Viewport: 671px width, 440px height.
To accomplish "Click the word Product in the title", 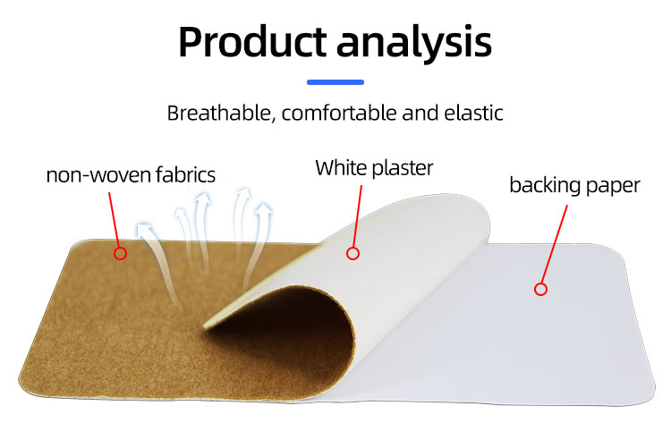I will tap(251, 42).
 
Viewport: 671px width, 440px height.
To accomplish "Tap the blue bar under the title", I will tap(335, 82).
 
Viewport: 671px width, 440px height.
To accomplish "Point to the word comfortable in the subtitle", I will tap(337, 114).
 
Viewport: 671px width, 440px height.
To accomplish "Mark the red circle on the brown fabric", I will tap(121, 253).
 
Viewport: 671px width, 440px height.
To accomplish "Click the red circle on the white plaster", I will tap(352, 253).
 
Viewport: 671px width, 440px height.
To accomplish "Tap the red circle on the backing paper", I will tap(540, 288).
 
